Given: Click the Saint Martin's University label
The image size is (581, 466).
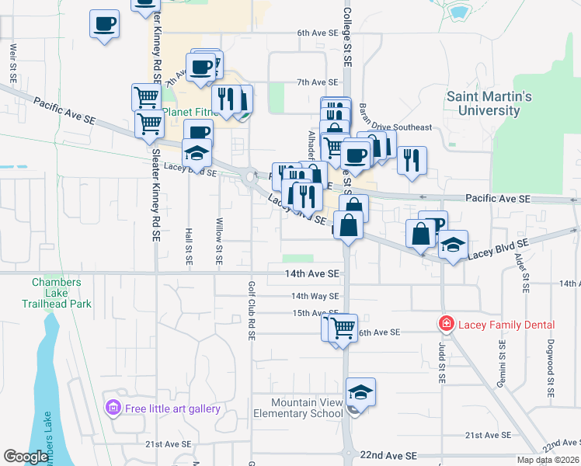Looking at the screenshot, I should (489, 103).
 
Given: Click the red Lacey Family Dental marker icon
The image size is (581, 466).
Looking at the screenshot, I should (446, 324).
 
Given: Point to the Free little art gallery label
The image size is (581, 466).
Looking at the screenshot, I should (172, 409).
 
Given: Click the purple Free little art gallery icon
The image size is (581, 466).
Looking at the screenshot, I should (114, 408).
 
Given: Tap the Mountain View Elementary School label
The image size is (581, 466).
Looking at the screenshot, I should (307, 408).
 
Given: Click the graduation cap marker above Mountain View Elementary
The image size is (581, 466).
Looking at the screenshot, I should (360, 391).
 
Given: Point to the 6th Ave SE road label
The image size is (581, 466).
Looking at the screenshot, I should (318, 34).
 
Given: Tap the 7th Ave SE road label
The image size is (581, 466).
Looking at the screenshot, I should (318, 82).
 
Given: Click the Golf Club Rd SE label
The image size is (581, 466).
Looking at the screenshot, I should (252, 311).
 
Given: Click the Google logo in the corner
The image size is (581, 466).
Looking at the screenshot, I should (26, 457).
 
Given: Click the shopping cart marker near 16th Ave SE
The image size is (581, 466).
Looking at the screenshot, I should (343, 327).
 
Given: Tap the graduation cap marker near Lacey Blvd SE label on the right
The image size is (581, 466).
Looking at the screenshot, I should (453, 245).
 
